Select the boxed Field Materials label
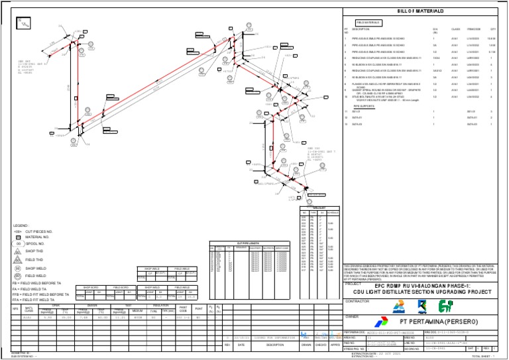coord(365,22)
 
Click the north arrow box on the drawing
coord(25,24)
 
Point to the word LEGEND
coord(21,226)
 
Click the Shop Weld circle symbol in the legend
coord(19,268)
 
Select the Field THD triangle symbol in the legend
coord(19,259)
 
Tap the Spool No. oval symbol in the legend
coord(19,243)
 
